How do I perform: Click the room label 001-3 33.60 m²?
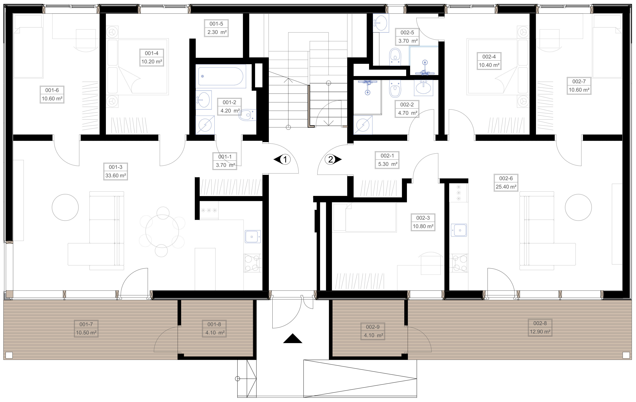tap(115, 171)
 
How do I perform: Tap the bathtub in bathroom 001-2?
tap(221, 76)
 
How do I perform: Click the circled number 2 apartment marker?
tap(331, 159)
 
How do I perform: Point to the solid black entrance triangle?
tap(292, 339)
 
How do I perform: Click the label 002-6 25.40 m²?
tap(506, 183)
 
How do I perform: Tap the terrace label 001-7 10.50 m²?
tap(86, 328)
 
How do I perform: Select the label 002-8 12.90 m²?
tap(540, 327)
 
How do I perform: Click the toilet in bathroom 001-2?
tap(247, 115)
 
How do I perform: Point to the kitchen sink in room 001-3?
tap(253, 236)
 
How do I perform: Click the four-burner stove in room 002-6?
tap(459, 263)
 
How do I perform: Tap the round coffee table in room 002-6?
tap(578, 207)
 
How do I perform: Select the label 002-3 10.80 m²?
tap(423, 222)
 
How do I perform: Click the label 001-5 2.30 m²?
tap(216, 28)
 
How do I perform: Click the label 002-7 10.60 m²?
tap(579, 86)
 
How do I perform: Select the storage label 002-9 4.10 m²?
tap(373, 331)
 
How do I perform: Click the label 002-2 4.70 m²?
tap(407, 109)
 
